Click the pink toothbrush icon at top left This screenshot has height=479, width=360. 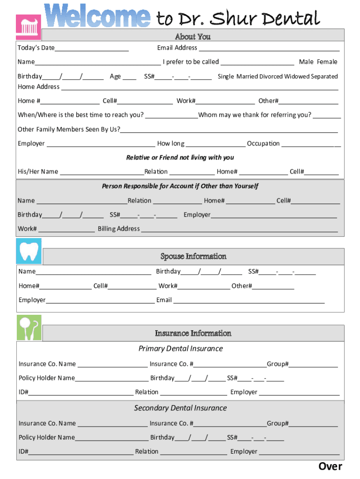click(29, 27)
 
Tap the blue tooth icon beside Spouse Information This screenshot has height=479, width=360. click(29, 251)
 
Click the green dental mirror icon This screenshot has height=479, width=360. click(29, 327)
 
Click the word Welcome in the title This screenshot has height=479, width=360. click(98, 16)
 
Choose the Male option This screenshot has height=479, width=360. click(306, 62)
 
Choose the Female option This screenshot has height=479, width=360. click(327, 62)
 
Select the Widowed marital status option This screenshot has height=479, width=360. click(299, 76)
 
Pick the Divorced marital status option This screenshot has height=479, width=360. click(271, 76)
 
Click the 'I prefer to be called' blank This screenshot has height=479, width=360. click(257, 62)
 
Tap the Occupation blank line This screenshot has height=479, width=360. click(311, 144)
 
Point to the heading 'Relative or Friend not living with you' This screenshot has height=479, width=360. click(180, 158)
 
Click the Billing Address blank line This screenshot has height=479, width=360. click(239, 229)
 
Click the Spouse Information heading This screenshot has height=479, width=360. click(194, 256)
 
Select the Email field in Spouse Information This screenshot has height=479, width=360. click(249, 300)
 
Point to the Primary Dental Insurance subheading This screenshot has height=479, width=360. click(180, 348)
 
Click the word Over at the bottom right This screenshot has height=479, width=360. click(330, 466)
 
